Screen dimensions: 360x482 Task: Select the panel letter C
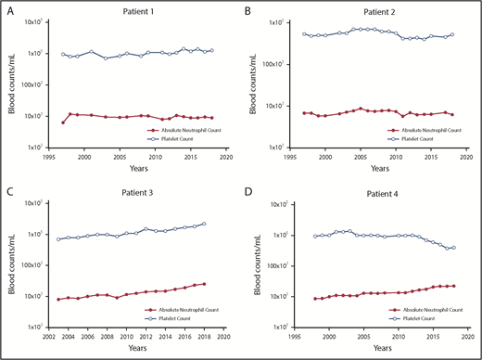pos(7,189)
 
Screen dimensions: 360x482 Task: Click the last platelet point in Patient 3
pos(204,224)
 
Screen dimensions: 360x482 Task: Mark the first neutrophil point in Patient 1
pos(63,122)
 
